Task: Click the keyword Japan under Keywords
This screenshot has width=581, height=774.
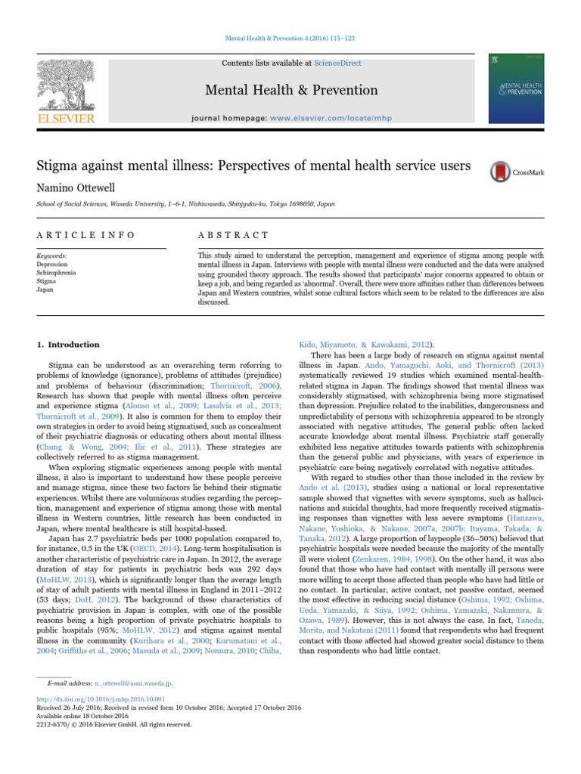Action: click(x=45, y=289)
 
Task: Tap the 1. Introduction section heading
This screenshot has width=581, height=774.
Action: click(x=70, y=345)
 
